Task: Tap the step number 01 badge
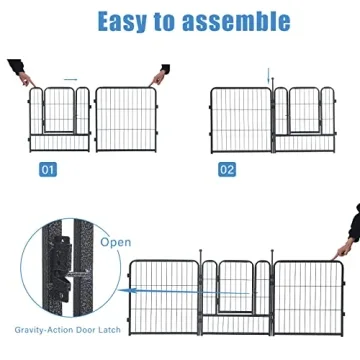[x=48, y=170]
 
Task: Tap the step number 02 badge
[x=227, y=170]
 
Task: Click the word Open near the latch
[x=114, y=242]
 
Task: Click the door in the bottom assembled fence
[x=236, y=290]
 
